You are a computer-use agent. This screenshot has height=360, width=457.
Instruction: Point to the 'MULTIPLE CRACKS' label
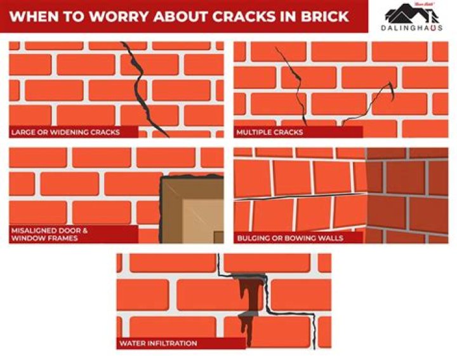(270, 133)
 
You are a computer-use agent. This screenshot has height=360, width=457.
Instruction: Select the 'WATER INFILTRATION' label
(158, 343)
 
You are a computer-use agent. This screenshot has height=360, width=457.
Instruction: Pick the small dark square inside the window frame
(218, 237)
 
